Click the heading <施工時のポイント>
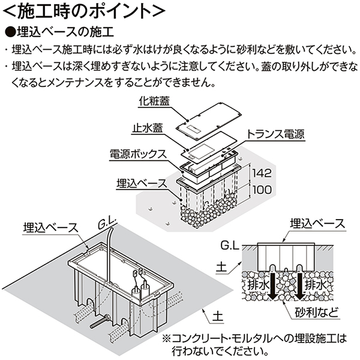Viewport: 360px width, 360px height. click(81, 11)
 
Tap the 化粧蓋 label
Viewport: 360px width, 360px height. click(155, 103)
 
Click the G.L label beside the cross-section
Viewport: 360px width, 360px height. click(229, 245)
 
